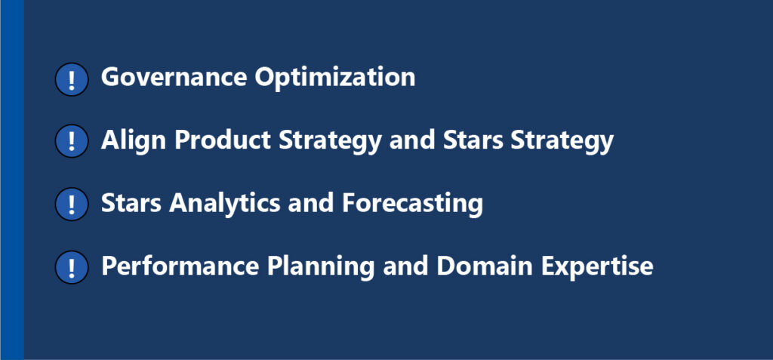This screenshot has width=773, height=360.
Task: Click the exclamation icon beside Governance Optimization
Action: point(72,79)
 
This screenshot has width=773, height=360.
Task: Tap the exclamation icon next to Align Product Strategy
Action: point(72,141)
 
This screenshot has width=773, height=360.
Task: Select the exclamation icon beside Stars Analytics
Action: point(72,205)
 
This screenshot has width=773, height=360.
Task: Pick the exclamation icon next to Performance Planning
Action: point(72,267)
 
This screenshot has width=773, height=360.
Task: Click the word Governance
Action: point(174,77)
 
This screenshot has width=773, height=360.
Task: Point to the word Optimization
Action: point(334,78)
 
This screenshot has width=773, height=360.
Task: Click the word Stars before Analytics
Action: point(131,203)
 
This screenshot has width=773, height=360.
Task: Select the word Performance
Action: point(180,266)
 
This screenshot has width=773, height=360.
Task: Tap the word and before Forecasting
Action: point(311,203)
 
